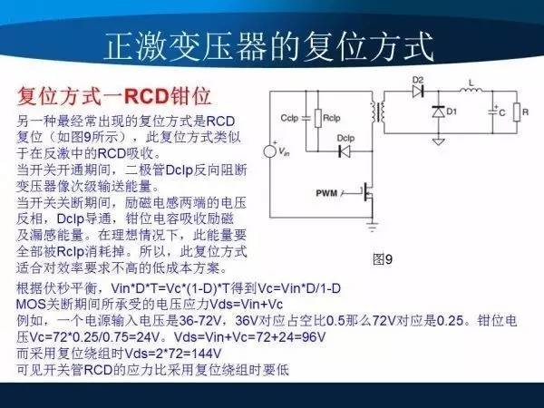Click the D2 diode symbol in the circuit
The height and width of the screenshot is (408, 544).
coord(420,92)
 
